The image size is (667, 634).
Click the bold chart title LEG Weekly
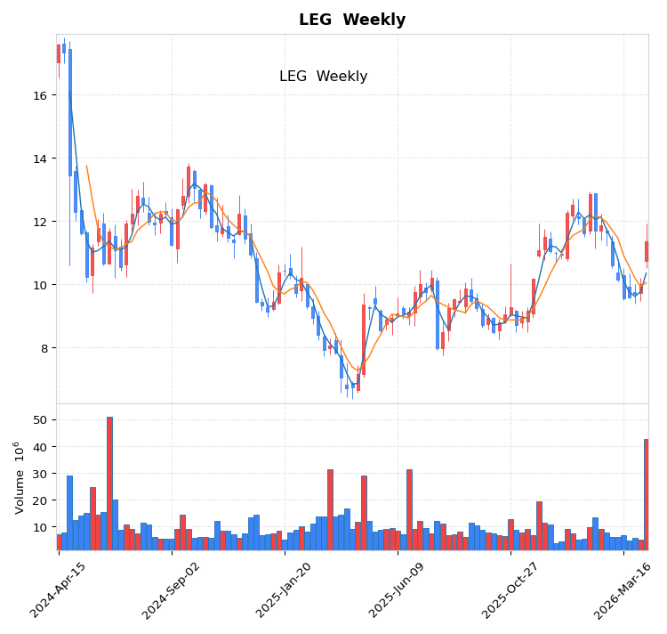click(x=351, y=20)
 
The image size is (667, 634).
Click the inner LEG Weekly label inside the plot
click(x=323, y=77)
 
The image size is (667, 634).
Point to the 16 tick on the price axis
click(x=41, y=95)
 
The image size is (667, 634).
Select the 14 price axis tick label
click(x=41, y=158)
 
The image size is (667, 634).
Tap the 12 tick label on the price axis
click(x=41, y=222)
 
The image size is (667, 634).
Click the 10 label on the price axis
click(x=41, y=285)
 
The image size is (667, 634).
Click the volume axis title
click(x=20, y=476)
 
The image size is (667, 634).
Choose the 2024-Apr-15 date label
click(x=59, y=589)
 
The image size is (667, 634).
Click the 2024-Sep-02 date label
click(x=172, y=589)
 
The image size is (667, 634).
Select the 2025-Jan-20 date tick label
click(x=285, y=589)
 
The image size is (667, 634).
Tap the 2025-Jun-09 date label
click(x=398, y=589)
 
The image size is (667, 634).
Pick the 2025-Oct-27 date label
click(x=510, y=589)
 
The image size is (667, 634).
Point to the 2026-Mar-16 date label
click(x=623, y=589)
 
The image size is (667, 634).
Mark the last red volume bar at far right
click(x=646, y=494)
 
